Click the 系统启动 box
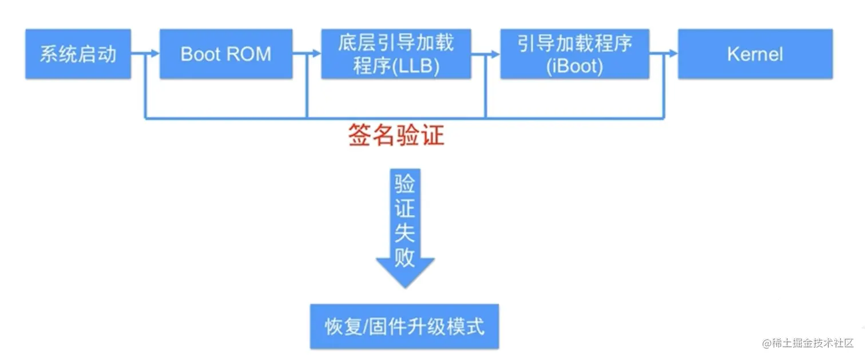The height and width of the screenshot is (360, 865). click(78, 54)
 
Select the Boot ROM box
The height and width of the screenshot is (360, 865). click(225, 54)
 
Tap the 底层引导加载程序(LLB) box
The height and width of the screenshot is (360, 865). click(396, 54)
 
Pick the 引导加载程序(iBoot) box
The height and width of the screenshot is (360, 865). click(574, 54)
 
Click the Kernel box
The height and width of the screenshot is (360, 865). click(755, 54)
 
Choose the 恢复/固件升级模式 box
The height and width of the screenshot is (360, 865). click(404, 326)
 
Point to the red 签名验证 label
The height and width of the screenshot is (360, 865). click(396, 136)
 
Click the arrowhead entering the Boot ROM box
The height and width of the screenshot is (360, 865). click(155, 54)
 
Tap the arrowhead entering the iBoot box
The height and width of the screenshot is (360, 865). click(495, 54)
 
